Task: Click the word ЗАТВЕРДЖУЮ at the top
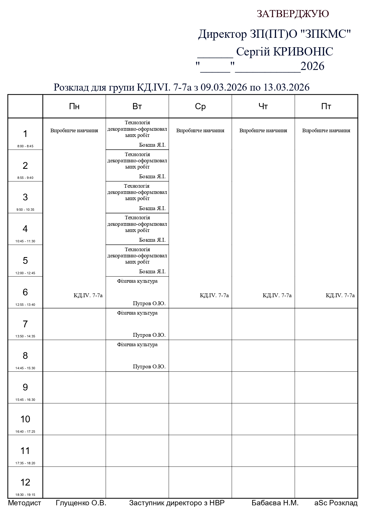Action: pos(293,14)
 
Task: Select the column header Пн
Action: pos(74,107)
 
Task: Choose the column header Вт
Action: pos(137,107)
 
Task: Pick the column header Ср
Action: pos(200,107)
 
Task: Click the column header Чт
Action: pos(263,107)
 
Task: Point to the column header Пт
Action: pos(326,107)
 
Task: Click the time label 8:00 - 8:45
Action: pos(25,146)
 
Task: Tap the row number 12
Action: pos(25,482)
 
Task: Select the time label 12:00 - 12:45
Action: pos(25,273)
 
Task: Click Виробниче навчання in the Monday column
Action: pos(74,130)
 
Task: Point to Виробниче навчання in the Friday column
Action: pos(326,130)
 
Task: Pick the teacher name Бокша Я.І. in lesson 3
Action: pos(152,208)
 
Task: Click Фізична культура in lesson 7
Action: pos(137,313)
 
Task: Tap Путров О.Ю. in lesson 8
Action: pos(149,367)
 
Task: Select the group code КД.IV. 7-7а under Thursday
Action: pos(277,295)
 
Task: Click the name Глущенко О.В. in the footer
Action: pos(81,503)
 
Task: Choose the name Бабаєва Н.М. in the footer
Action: pos(275,503)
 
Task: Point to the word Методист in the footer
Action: pos(24,503)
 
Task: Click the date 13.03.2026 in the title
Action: pos(286,87)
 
